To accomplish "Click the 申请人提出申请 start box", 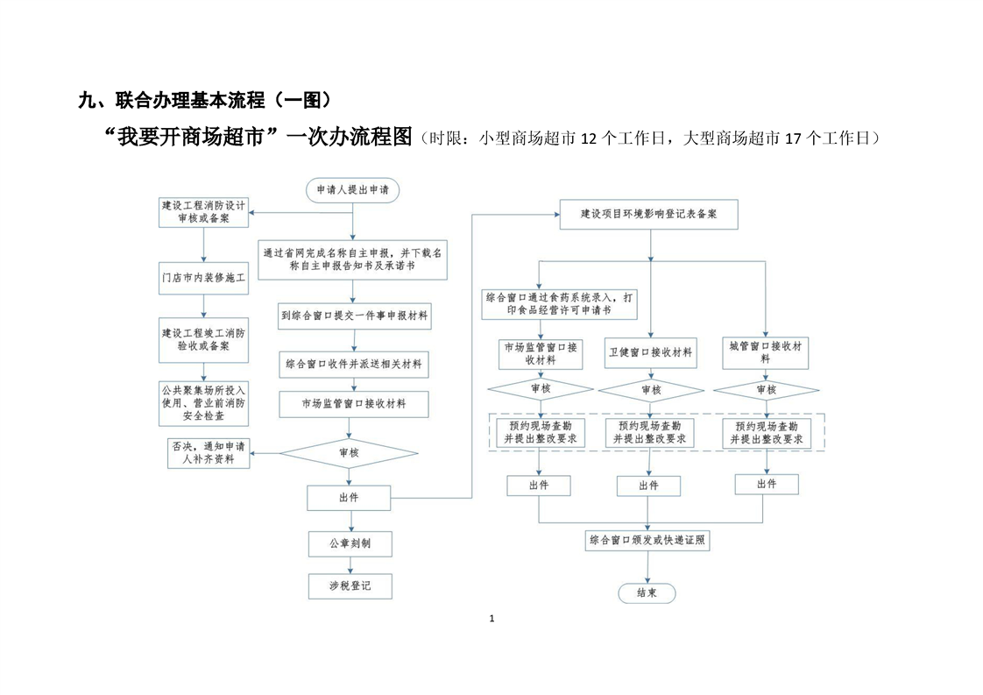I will (x=352, y=189).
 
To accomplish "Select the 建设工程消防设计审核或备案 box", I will (x=203, y=212).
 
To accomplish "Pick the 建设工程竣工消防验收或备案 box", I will (x=203, y=339).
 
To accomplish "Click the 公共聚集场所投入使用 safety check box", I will (x=203, y=403).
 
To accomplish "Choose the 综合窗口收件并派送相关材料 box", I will (x=354, y=363).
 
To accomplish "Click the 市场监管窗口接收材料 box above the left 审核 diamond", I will (x=354, y=404).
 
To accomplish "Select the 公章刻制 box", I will (x=350, y=543).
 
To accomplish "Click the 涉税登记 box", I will (x=350, y=585).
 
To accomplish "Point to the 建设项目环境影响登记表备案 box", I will (x=648, y=214).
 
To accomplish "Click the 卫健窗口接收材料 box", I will (x=650, y=352).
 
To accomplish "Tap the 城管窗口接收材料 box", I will (x=765, y=352).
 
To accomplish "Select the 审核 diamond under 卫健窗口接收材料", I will (x=650, y=389).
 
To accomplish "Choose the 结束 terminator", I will (x=647, y=593).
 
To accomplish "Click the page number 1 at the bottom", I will (x=491, y=619).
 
